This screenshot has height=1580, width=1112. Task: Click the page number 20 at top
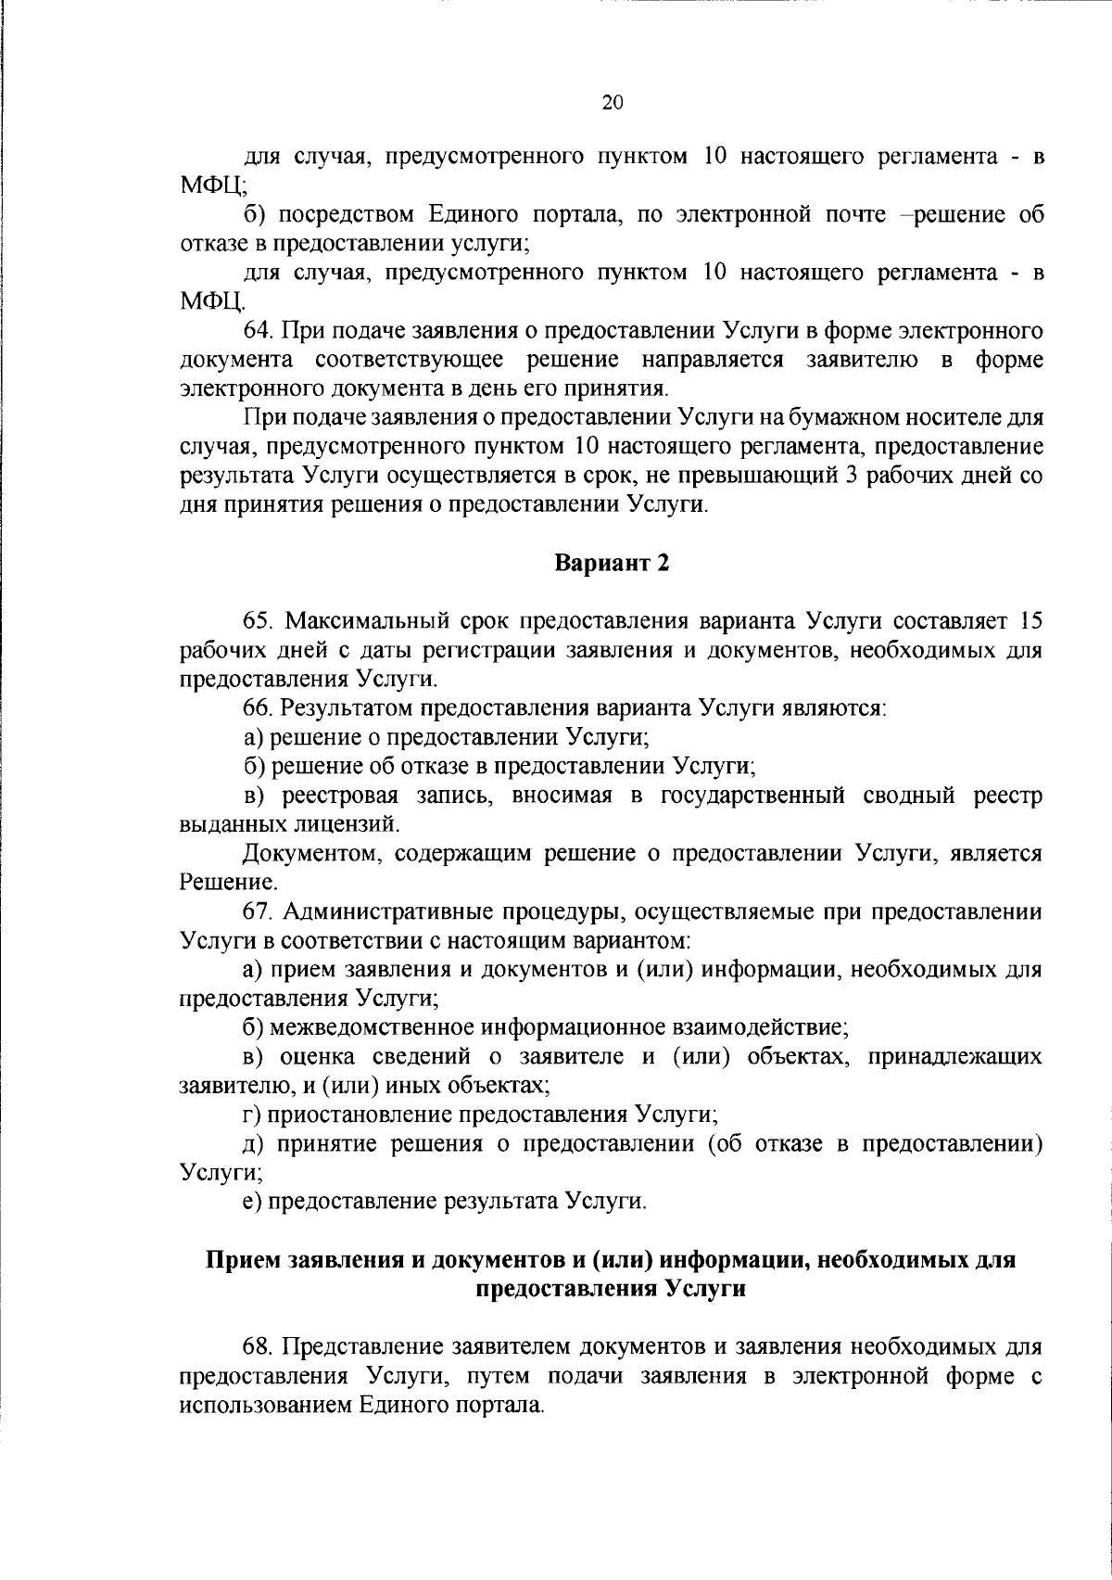click(x=613, y=103)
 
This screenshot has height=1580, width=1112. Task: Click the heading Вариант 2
click(x=612, y=563)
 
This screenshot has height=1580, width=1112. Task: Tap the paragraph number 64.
click(x=257, y=330)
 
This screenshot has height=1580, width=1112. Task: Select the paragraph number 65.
click(x=257, y=620)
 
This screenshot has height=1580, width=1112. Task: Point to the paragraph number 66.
click(x=257, y=708)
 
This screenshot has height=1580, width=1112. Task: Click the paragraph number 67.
click(x=257, y=911)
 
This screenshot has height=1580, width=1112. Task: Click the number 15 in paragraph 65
click(x=1030, y=620)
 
